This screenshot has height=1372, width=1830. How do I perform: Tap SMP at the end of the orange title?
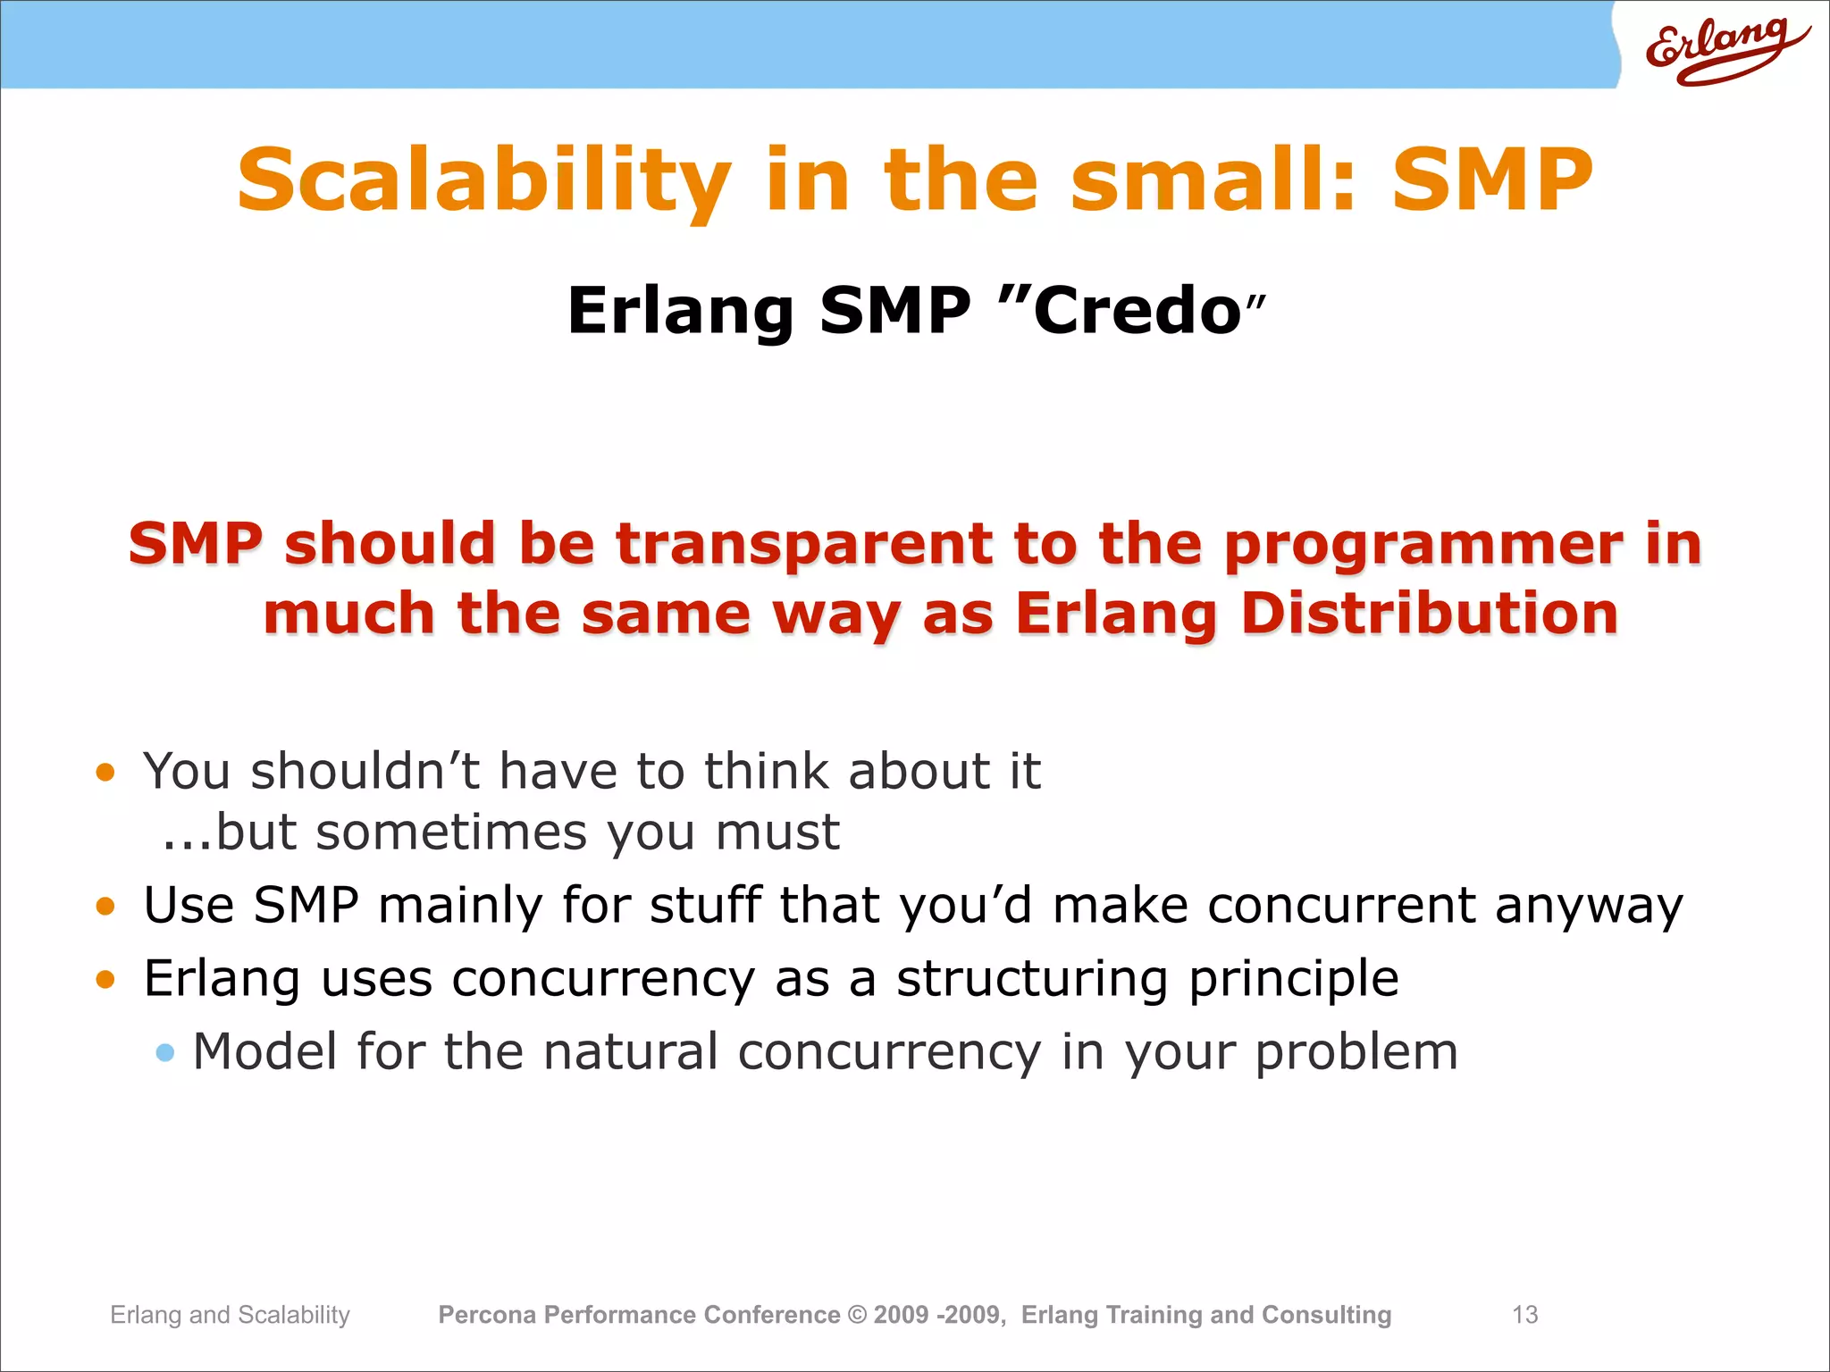pyautogui.click(x=1491, y=181)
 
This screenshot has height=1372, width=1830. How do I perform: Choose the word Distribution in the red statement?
pyautogui.click(x=1429, y=615)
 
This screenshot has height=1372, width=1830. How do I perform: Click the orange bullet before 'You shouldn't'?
pyautogui.click(x=105, y=772)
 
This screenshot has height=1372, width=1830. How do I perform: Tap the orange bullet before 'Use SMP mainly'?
pyautogui.click(x=105, y=907)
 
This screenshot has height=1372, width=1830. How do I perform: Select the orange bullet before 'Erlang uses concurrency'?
pyautogui.click(x=105, y=980)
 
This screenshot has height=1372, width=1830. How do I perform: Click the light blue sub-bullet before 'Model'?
pyautogui.click(x=164, y=1052)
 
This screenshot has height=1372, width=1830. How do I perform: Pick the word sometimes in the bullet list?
pyautogui.click(x=452, y=832)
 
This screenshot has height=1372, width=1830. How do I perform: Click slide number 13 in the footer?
pyautogui.click(x=1524, y=1315)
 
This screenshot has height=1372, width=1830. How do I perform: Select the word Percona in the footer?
pyautogui.click(x=487, y=1315)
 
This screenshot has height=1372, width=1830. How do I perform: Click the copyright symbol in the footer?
pyautogui.click(x=857, y=1315)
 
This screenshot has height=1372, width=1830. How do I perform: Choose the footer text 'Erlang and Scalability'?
pyautogui.click(x=230, y=1315)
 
